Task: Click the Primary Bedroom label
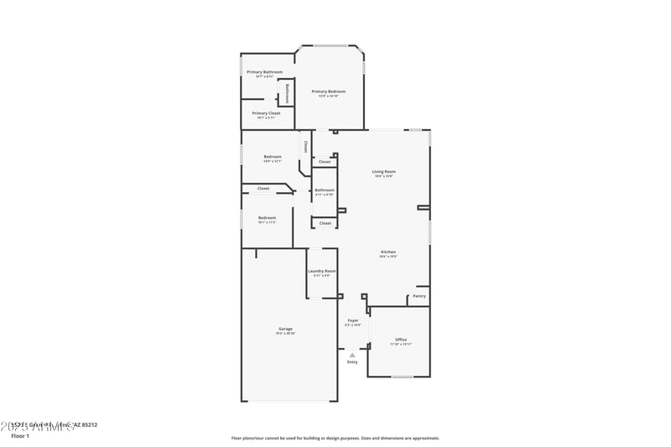[328, 91]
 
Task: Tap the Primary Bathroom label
[264, 72]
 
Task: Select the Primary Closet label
[266, 112]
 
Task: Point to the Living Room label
[384, 172]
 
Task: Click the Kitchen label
[388, 252]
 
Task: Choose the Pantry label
[419, 295]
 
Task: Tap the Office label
[401, 340]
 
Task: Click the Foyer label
[353, 320]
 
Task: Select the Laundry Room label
[322, 271]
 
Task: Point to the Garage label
[285, 329]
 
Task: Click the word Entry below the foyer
[352, 361]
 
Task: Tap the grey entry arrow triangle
[352, 354]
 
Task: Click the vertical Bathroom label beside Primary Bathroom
[287, 91]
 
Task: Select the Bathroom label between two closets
[324, 190]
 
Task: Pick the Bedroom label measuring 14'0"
[273, 157]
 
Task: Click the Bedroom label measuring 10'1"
[267, 218]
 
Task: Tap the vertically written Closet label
[305, 146]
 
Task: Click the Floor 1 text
[20, 436]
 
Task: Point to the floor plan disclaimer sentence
[335, 438]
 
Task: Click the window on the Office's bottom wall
[402, 377]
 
